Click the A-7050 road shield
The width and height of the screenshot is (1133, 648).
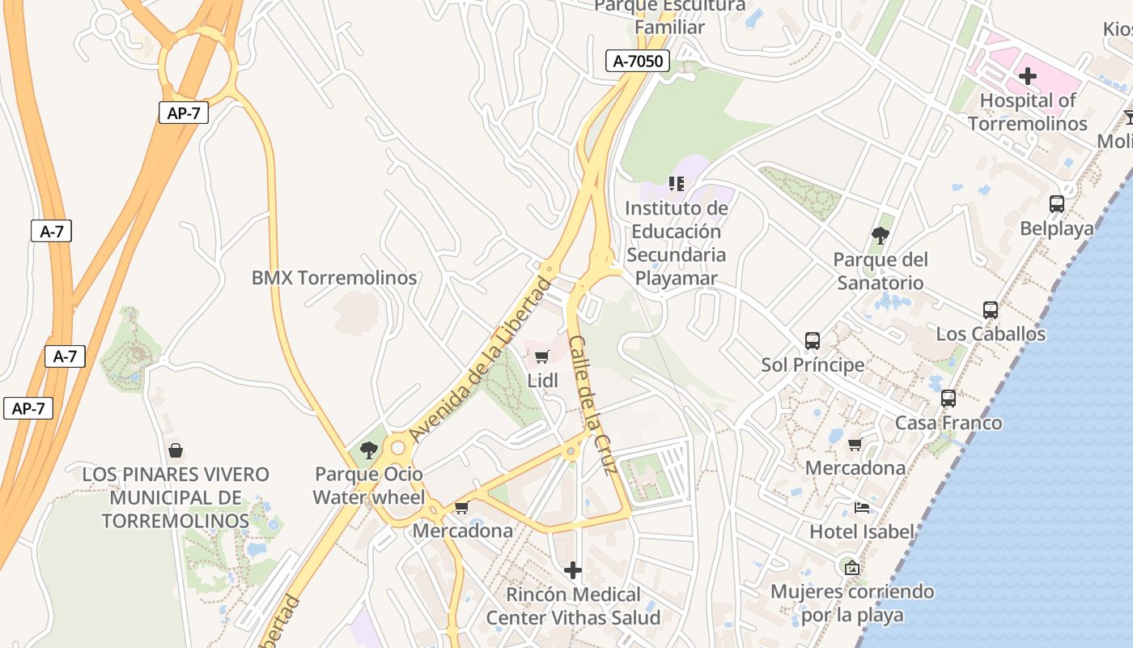click(x=638, y=61)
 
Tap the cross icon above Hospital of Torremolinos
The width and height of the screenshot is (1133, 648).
click(x=1028, y=76)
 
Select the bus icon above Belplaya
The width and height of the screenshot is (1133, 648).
click(x=1057, y=204)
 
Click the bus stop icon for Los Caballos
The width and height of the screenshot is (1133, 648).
click(x=991, y=309)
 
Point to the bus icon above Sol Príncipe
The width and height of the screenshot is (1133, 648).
click(x=813, y=341)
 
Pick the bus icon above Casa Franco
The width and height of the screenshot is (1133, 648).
click(x=948, y=399)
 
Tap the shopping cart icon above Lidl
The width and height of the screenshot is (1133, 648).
click(x=542, y=356)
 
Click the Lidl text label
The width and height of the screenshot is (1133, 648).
click(x=543, y=381)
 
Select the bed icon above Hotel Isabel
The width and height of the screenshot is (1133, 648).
click(x=862, y=508)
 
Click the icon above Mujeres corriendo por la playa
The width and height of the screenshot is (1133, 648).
click(x=851, y=567)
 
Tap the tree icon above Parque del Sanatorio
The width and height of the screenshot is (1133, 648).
click(x=881, y=236)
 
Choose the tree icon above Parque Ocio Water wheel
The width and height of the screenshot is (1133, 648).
click(x=369, y=450)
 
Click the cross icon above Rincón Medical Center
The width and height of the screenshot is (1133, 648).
click(x=573, y=570)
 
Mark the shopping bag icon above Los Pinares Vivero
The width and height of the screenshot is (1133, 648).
click(x=176, y=450)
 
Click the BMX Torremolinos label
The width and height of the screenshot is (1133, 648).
click(x=334, y=278)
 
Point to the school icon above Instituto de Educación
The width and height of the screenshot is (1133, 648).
click(x=677, y=184)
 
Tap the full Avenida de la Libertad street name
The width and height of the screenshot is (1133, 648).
click(x=481, y=360)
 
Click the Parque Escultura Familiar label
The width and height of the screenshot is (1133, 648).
click(x=669, y=16)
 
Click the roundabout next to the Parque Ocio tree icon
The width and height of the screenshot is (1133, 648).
click(x=397, y=448)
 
